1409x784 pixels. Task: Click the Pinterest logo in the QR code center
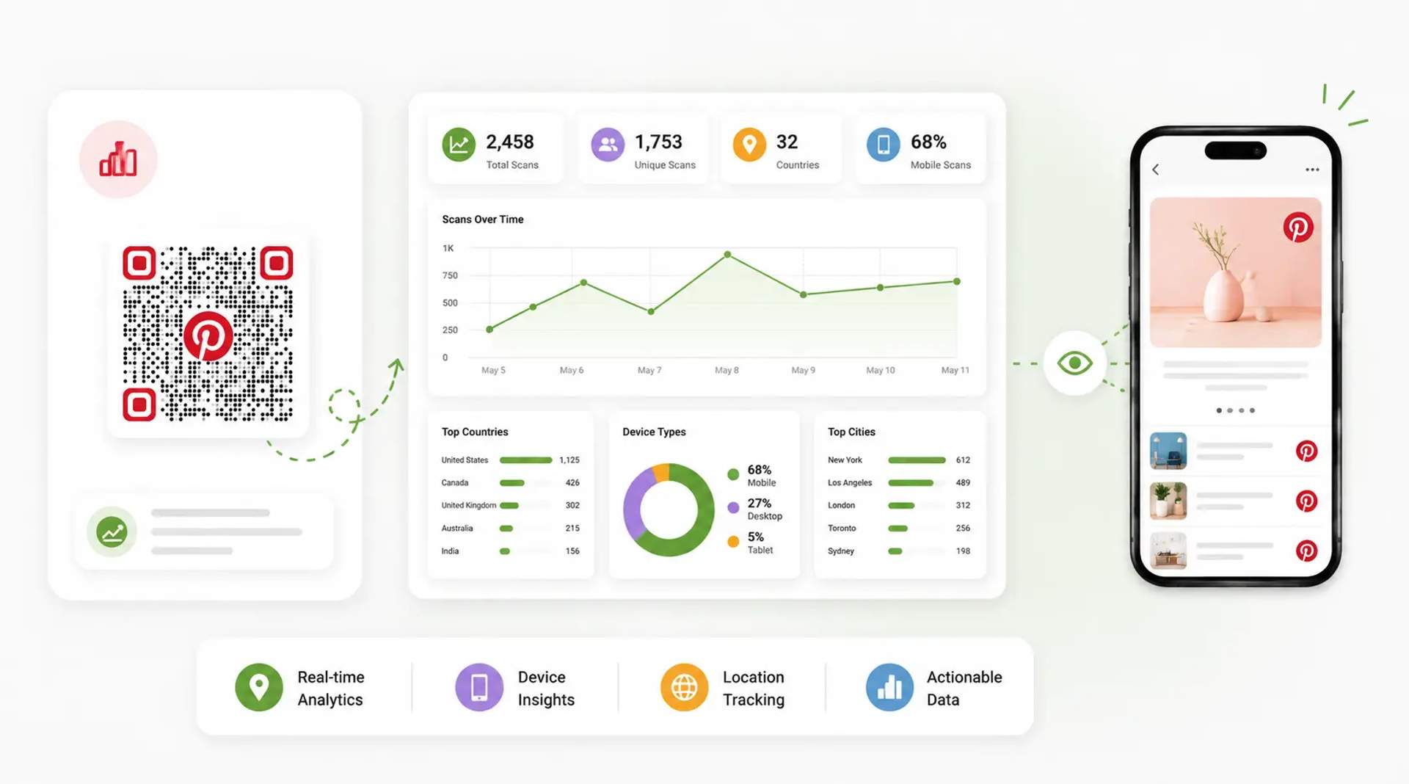(x=208, y=336)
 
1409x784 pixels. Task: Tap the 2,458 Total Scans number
(x=510, y=142)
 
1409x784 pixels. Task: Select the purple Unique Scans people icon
(x=608, y=145)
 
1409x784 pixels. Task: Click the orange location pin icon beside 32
(x=749, y=145)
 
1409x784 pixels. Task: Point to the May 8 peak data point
(x=727, y=255)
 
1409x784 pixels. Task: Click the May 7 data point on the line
(x=651, y=312)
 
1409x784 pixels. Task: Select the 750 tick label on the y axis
(x=450, y=275)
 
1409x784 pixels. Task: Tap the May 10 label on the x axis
(x=881, y=370)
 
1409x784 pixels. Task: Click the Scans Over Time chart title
(x=483, y=219)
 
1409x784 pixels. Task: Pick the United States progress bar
(x=525, y=460)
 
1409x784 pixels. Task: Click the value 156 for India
(x=572, y=551)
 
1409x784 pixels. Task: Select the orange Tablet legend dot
(x=733, y=542)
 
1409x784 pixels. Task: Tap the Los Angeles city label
(x=850, y=483)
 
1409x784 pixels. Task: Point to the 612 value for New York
(x=963, y=460)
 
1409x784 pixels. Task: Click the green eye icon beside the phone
(x=1075, y=363)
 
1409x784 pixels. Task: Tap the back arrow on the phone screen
(x=1156, y=170)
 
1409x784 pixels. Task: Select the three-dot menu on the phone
(x=1312, y=170)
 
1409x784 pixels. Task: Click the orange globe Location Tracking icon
(x=684, y=688)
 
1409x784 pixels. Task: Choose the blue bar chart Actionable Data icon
(x=889, y=688)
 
